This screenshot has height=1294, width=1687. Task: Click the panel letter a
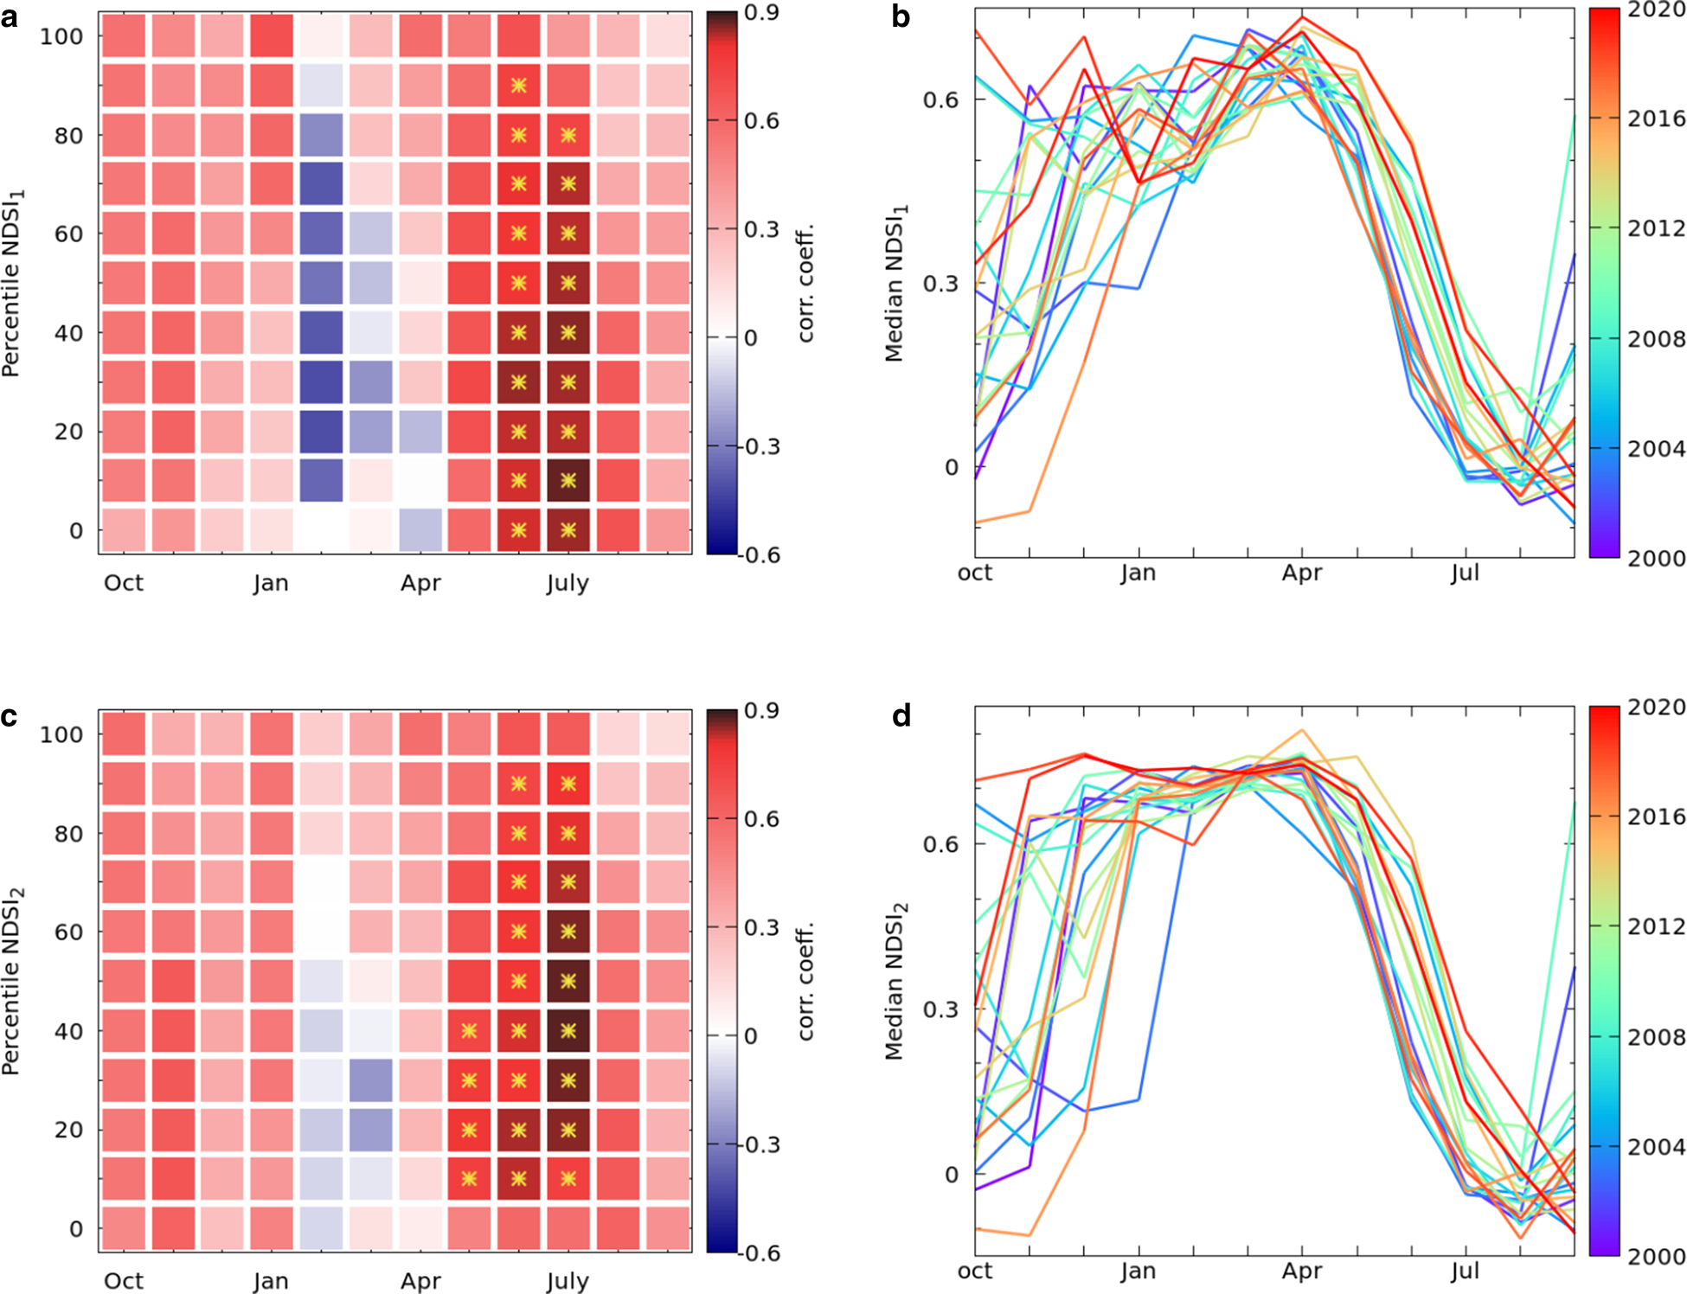point(10,16)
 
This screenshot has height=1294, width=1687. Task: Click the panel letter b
point(901,16)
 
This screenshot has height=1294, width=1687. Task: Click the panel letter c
point(10,717)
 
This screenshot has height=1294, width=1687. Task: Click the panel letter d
point(901,717)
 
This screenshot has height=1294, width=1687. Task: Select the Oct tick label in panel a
point(123,583)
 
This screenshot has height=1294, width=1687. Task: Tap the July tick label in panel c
point(568,1281)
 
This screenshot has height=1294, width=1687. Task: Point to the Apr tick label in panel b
point(1301,573)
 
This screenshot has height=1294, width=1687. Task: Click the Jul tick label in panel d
point(1465,1271)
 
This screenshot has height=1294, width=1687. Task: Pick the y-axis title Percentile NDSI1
point(12,283)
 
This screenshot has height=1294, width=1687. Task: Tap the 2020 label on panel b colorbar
point(1656,10)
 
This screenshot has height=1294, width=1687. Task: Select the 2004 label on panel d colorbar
point(1656,1147)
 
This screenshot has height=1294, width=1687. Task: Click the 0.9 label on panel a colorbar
point(761,12)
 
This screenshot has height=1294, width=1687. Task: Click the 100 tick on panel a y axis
point(61,36)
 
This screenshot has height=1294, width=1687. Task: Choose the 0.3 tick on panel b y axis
point(940,284)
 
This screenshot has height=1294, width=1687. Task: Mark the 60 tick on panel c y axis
point(68,932)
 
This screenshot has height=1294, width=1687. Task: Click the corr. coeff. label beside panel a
point(805,283)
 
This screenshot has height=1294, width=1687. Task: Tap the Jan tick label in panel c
point(271,1281)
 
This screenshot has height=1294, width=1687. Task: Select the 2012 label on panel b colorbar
point(1656,228)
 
